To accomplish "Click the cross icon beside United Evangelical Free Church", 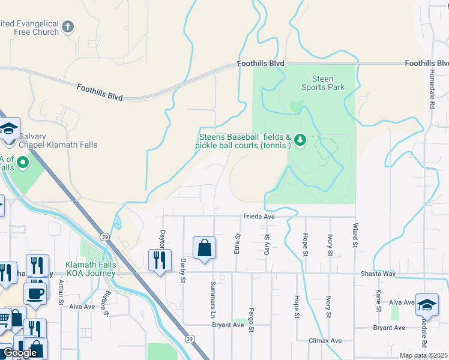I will pos(68,26).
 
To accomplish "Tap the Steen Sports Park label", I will pos(322,83).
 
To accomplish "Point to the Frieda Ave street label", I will pos(259,216).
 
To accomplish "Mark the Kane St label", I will pos(379,301).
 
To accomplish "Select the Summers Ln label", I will pos(212,299).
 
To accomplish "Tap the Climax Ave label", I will pos(325,341).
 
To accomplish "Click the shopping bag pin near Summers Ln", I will pos(204,248).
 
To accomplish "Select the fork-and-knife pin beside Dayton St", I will pos(160,260).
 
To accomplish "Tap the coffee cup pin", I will pos(35,294).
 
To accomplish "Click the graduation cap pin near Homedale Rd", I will pos(427,305).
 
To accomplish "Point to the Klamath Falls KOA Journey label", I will pos(90,269).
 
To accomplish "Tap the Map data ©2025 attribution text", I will pos(423,355).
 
